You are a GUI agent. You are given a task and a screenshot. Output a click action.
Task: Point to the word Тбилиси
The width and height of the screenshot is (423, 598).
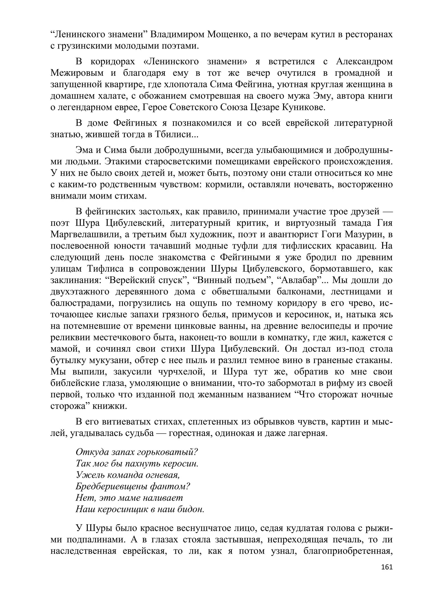pyautogui.click(x=173, y=134)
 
